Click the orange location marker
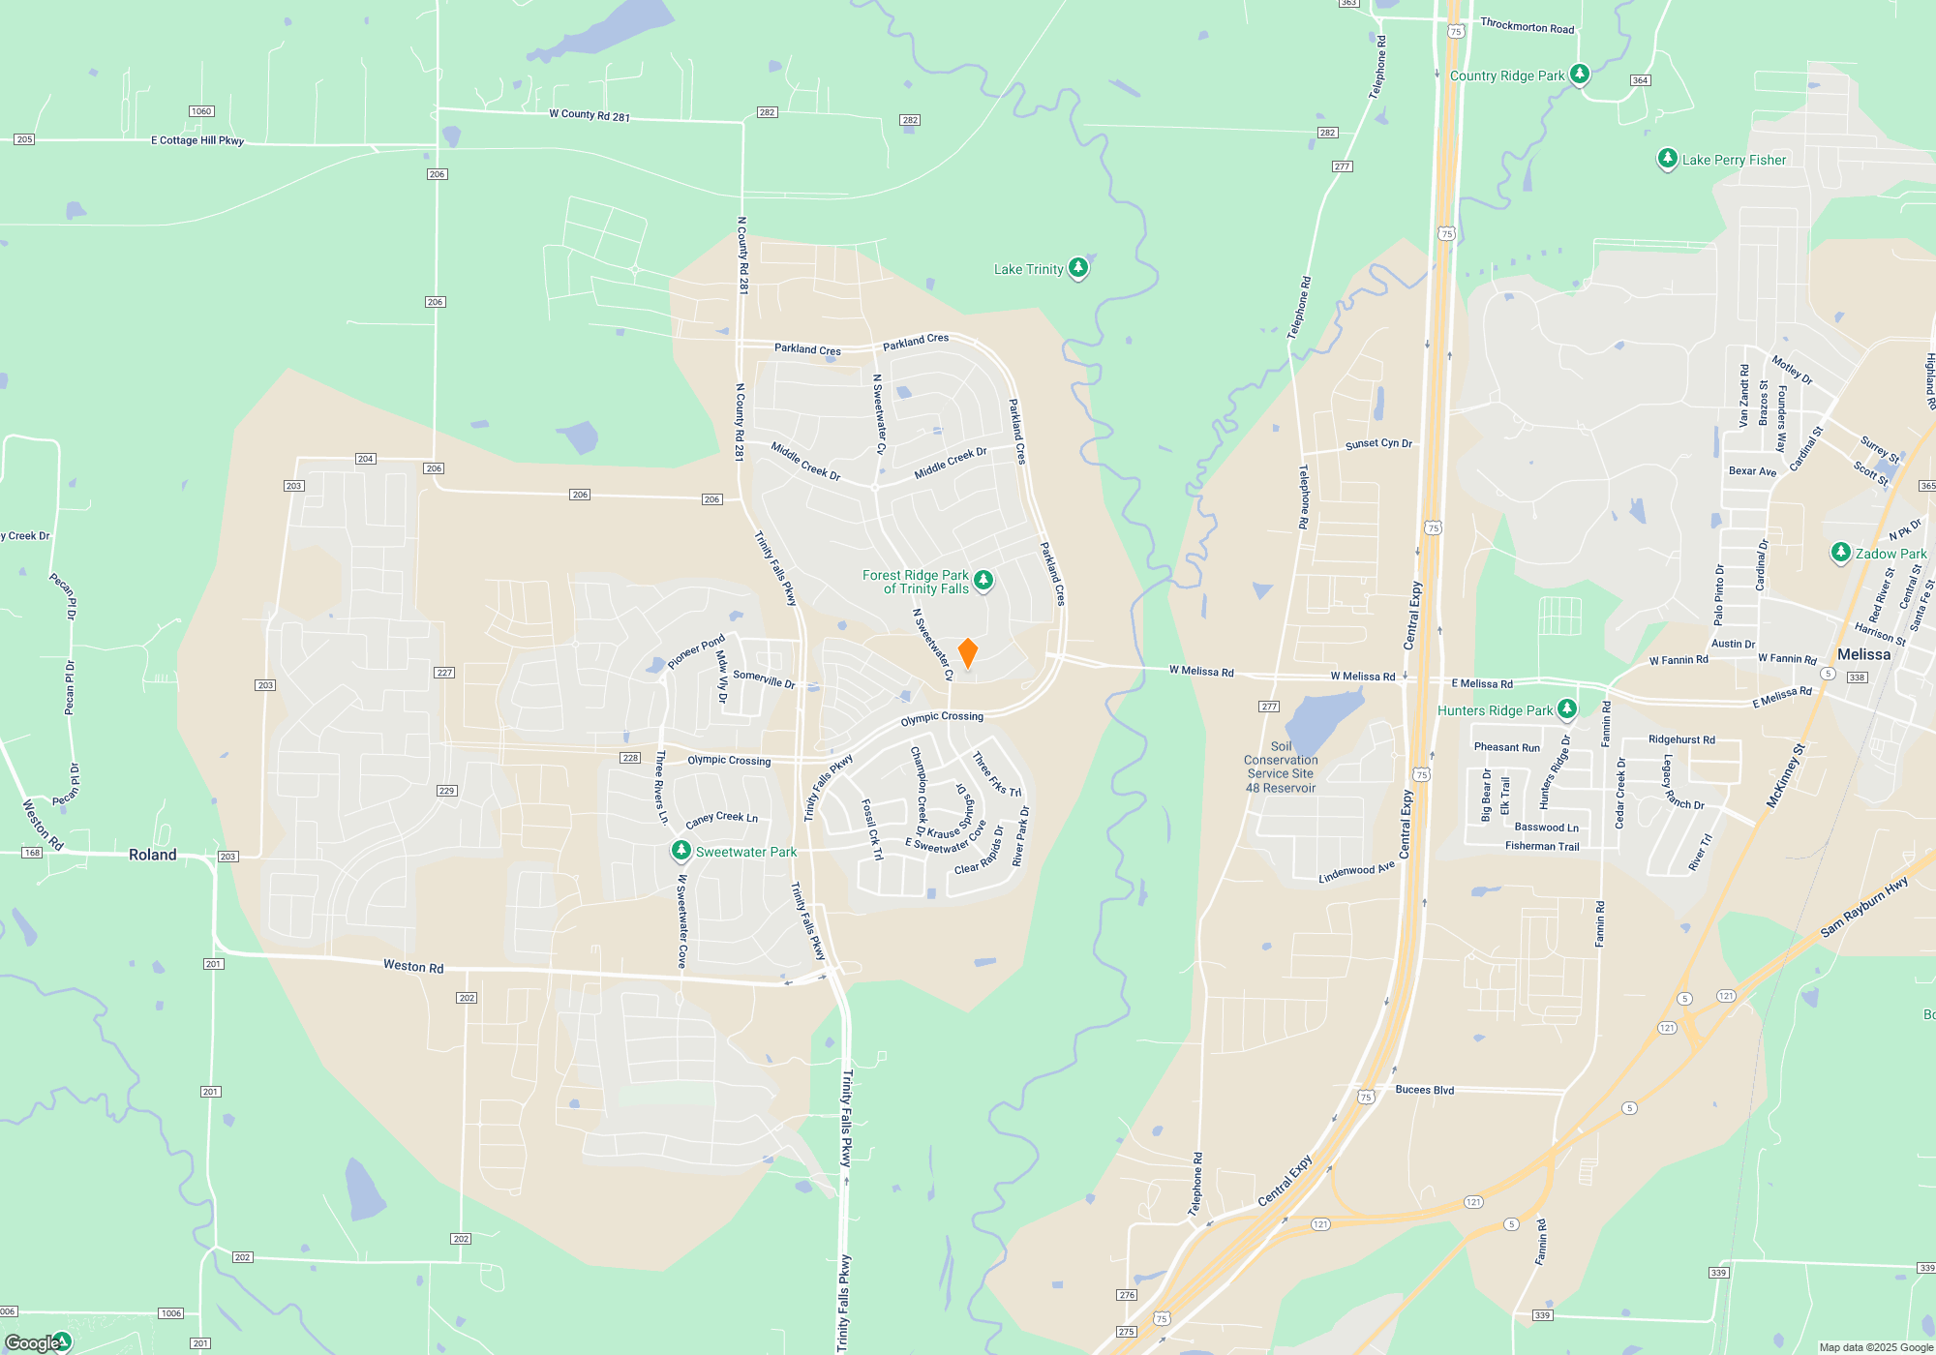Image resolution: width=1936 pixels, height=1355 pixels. [x=967, y=652]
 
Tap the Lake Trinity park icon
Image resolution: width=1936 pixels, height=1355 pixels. [x=1078, y=267]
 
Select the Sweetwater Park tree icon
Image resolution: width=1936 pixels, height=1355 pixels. [x=681, y=850]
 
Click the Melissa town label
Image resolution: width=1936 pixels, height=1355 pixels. [x=1863, y=654]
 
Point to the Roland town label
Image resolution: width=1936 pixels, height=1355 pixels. [x=153, y=855]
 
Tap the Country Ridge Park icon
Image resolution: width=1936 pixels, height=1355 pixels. [x=1580, y=74]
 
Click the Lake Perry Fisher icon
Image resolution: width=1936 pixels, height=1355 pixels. [x=1667, y=158]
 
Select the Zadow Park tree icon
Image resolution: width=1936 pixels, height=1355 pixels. [x=1841, y=552]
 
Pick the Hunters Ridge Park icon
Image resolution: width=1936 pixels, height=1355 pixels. [x=1567, y=708]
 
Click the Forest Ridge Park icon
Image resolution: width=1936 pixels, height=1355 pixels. [x=983, y=580]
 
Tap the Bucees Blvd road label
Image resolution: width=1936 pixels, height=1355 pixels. [x=1425, y=1090]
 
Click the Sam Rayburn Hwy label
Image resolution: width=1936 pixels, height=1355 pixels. [x=1863, y=907]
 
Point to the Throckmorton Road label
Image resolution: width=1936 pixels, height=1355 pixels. [x=1528, y=26]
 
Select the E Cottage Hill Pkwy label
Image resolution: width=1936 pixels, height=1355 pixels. [x=197, y=140]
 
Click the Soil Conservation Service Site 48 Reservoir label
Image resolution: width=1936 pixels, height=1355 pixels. [x=1281, y=768]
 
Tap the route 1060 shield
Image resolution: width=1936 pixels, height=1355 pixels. [x=201, y=111]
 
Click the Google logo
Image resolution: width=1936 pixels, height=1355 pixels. [x=32, y=1343]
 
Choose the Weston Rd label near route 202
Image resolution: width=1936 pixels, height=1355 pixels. [x=413, y=966]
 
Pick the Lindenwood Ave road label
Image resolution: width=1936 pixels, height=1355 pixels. [x=1357, y=872]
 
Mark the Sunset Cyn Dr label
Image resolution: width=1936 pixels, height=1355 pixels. [x=1378, y=444]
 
